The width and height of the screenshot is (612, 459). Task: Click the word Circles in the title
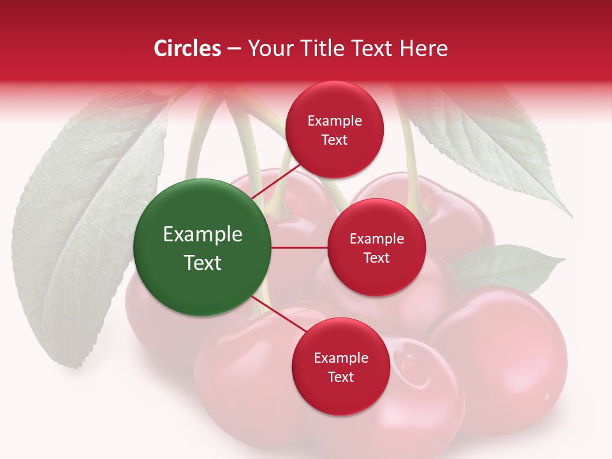pyautogui.click(x=187, y=48)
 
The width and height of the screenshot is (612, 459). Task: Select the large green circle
pyautogui.click(x=202, y=247)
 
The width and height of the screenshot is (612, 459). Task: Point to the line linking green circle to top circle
pyautogui.click(x=275, y=183)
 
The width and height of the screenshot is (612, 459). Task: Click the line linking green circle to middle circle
pyautogui.click(x=299, y=247)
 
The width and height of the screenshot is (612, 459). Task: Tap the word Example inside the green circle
pyautogui.click(x=203, y=235)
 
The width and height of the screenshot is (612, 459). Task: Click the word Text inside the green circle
pyautogui.click(x=203, y=263)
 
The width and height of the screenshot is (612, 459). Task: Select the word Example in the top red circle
pyautogui.click(x=335, y=121)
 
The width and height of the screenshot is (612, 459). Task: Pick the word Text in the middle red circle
pyautogui.click(x=376, y=258)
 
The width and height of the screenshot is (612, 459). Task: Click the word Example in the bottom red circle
pyautogui.click(x=341, y=358)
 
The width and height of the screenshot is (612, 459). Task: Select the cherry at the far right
pyautogui.click(x=504, y=357)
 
